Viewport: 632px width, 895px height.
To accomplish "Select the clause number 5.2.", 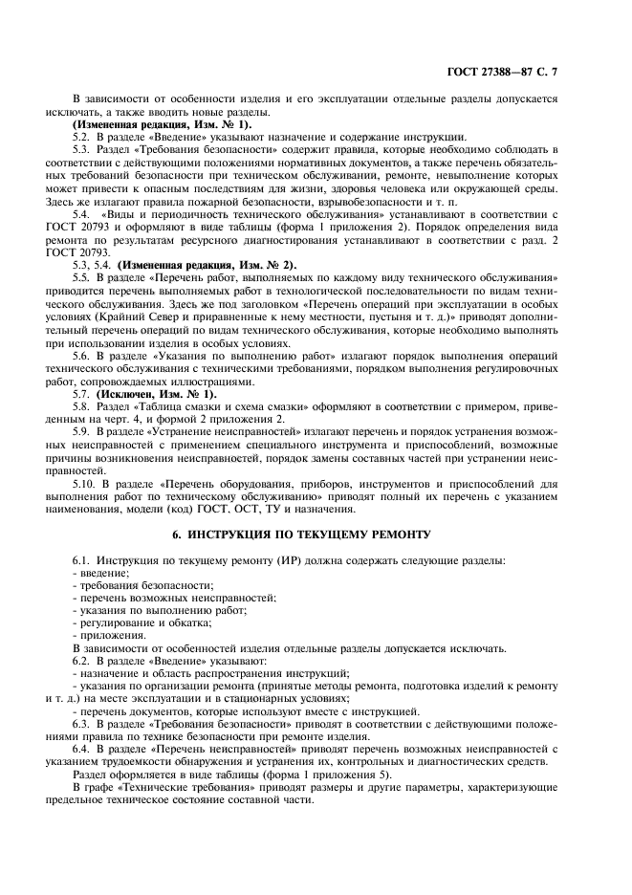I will coord(82,137).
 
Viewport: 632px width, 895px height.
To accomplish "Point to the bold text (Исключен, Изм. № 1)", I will coord(146,394).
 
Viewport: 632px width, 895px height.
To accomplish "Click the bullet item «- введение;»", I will coord(100,573).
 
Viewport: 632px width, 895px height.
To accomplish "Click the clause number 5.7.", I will coord(82,394).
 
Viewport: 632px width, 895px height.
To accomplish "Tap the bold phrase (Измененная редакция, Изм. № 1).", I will coord(162,124).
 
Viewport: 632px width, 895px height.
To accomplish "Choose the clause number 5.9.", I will coord(82,432).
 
